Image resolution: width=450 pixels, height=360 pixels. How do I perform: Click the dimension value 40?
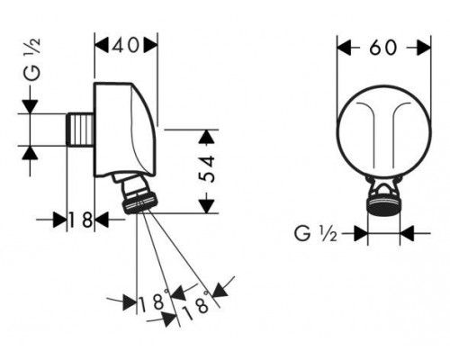coord(126,46)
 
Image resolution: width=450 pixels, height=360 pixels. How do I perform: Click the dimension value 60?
coord(383,48)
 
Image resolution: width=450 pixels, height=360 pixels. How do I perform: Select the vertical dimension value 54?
coord(208,169)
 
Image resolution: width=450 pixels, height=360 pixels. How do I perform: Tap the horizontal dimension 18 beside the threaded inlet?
coord(80,220)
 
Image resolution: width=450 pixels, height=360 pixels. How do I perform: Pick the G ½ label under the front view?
coord(316,233)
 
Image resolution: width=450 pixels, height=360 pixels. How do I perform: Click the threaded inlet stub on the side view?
coord(79,130)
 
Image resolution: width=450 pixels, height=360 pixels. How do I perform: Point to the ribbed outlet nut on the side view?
coord(139,202)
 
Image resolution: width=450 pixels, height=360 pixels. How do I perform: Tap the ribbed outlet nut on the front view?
coord(383,205)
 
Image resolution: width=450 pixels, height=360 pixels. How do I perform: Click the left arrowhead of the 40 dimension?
coord(102,46)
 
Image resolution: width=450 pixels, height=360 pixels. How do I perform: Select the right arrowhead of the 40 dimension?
coord(150,46)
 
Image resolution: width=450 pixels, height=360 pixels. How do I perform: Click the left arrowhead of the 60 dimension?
coord(344,48)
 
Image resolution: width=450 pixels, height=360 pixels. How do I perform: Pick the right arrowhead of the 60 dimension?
coord(424,48)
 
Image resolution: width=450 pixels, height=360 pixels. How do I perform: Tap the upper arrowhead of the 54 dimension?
coord(208,137)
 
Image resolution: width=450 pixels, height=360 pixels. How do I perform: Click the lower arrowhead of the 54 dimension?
coord(208,206)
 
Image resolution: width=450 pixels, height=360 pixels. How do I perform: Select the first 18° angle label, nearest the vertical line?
coord(153,301)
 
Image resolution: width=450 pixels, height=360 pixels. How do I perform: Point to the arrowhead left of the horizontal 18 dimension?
coord(59,220)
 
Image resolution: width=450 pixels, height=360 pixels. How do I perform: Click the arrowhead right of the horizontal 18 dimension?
coord(102,220)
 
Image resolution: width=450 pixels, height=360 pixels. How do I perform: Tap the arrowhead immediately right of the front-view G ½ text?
coord(361,233)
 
